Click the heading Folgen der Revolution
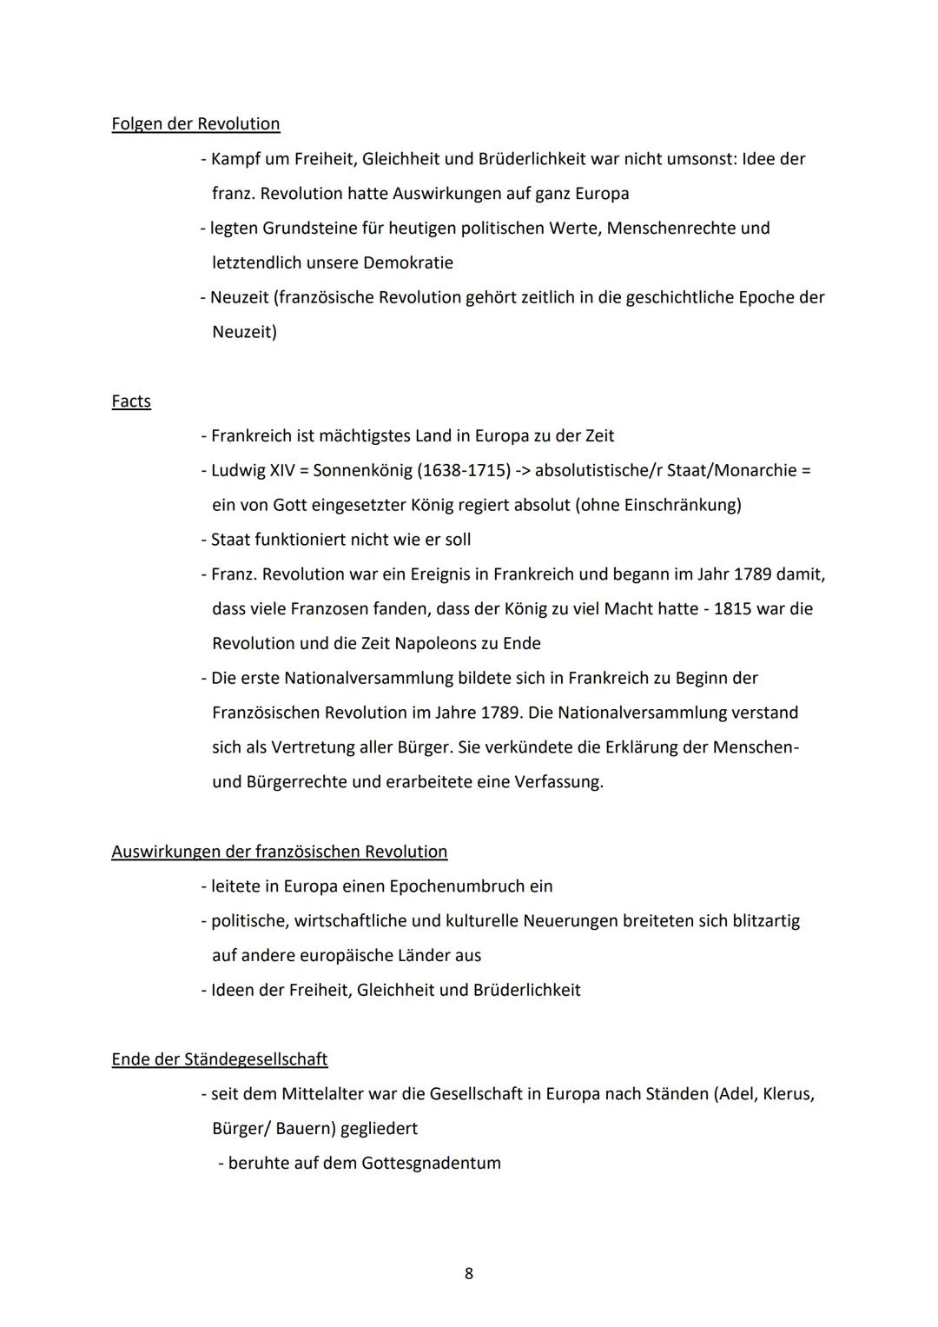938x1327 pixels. click(x=195, y=124)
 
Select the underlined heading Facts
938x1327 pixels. click(x=131, y=401)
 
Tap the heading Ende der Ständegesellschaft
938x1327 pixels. click(x=220, y=1059)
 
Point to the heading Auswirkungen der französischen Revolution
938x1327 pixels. click(x=280, y=852)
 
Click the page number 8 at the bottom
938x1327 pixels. click(x=469, y=1274)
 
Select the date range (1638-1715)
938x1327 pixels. click(x=464, y=470)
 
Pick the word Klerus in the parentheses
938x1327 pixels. click(x=788, y=1094)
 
